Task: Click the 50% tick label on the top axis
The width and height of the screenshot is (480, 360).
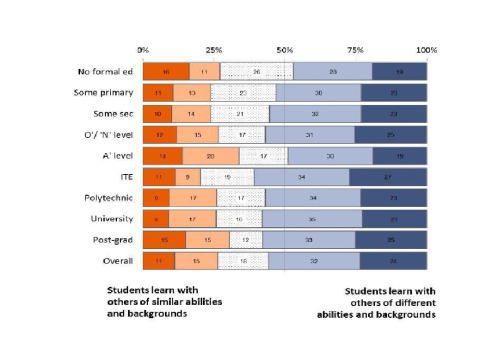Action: pos(285,50)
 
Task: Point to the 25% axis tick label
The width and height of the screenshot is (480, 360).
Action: pos(214,50)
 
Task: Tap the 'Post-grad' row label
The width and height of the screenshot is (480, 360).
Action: pos(113,240)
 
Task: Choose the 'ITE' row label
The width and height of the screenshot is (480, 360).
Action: pos(125,177)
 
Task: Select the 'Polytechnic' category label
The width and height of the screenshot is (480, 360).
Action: pos(108,198)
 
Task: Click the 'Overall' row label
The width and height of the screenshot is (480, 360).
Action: pos(117,261)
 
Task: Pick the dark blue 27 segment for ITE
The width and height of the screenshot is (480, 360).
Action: pos(388,177)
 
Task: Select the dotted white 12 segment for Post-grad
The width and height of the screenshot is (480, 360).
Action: pos(246,240)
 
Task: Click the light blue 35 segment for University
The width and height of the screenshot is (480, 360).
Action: pos(312,219)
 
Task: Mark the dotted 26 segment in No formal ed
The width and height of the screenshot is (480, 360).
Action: pos(256,72)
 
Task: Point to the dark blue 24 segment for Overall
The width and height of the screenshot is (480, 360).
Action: pos(393,261)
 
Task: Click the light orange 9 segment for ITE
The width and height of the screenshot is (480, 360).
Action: pos(188,177)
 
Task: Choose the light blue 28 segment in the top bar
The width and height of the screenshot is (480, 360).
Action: pos(333,72)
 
